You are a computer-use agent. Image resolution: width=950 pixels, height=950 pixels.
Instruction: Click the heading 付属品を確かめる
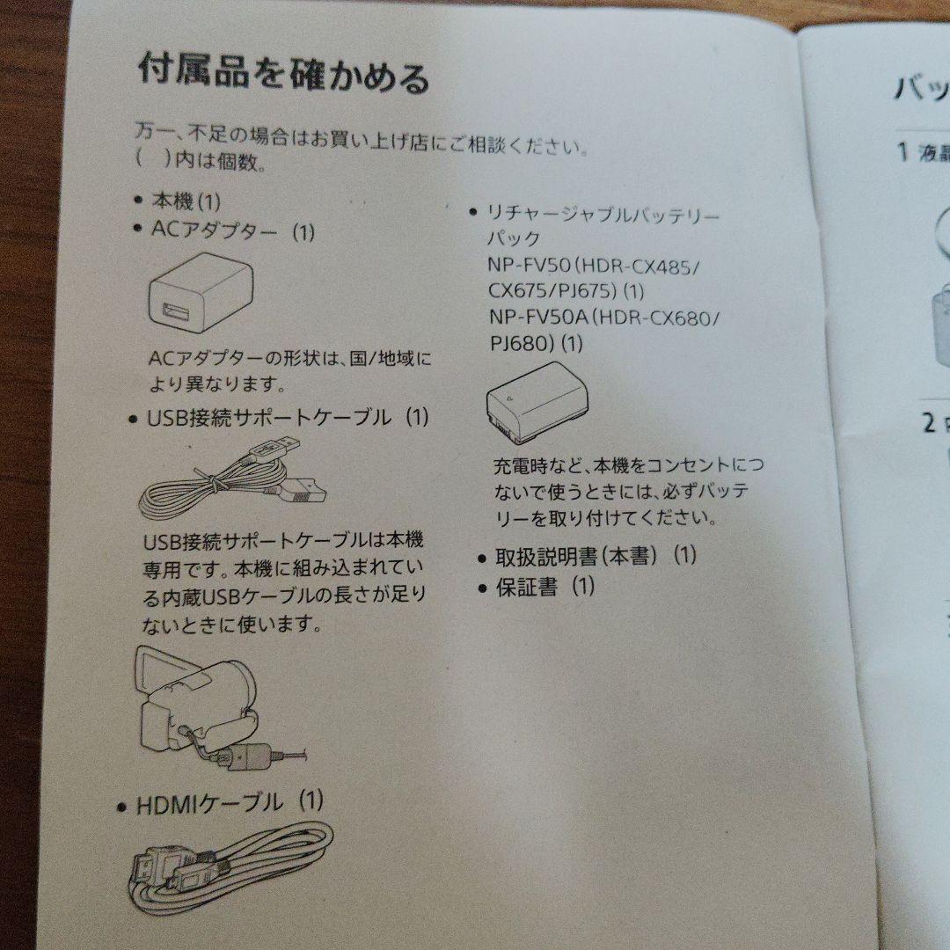(283, 74)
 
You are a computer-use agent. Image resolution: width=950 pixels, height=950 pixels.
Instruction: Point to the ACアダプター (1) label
(232, 232)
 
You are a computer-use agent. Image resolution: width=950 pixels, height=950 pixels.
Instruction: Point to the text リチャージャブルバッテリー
(604, 214)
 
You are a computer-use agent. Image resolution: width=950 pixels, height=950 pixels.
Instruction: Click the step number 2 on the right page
(929, 423)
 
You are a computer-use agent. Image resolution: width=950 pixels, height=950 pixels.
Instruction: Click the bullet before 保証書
(482, 588)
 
